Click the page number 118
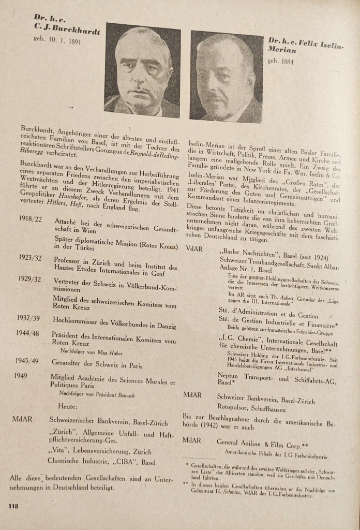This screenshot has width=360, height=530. pyautogui.click(x=12, y=506)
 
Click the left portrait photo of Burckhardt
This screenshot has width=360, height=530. pyautogui.click(x=142, y=70)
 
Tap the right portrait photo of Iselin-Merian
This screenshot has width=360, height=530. pyautogui.click(x=226, y=77)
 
